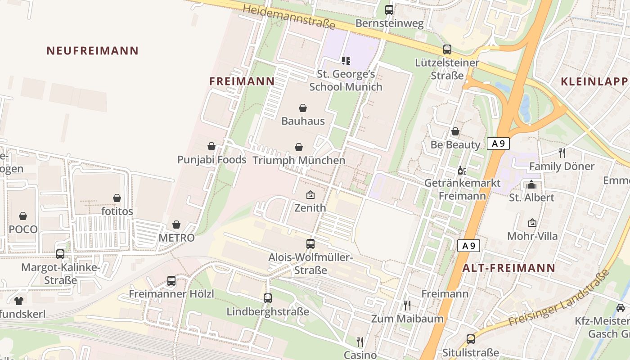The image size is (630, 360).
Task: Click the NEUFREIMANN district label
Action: tap(92, 50)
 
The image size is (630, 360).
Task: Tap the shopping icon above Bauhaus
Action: tap(303, 108)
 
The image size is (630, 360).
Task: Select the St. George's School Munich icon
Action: tap(346, 60)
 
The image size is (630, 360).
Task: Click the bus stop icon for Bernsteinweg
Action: tap(389, 9)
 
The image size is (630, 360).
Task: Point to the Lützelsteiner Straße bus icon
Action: tap(447, 49)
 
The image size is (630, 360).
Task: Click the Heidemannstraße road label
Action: tap(289, 16)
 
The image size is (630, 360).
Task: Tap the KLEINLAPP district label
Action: tap(594, 81)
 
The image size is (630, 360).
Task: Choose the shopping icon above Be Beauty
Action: tap(455, 131)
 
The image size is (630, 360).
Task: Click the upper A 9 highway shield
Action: tap(498, 144)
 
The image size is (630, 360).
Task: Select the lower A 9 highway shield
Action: tap(468, 246)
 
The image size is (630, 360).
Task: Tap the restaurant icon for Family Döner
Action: tap(562, 153)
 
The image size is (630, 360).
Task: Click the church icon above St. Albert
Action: tap(531, 184)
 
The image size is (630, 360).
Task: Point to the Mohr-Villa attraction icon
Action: tap(532, 223)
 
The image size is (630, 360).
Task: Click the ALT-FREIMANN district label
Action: tap(509, 268)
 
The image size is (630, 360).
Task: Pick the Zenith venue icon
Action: tap(310, 195)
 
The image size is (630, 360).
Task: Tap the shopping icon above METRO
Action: tap(176, 225)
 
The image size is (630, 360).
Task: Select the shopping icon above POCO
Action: tap(23, 216)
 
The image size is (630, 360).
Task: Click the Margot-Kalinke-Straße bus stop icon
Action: tap(60, 254)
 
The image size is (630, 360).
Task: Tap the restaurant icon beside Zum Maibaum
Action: tap(407, 306)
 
